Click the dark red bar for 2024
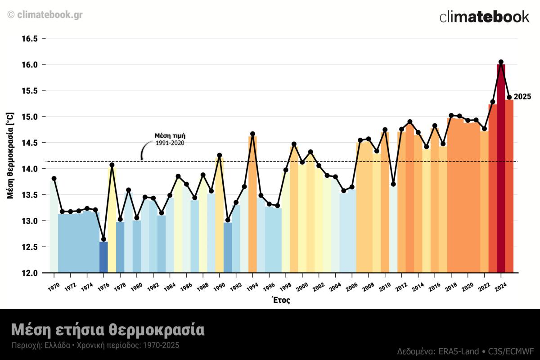pyautogui.click(x=501, y=171)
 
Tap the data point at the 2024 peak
pyautogui.click(x=501, y=62)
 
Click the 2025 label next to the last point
pyautogui.click(x=522, y=97)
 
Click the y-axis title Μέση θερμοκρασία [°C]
pyautogui.click(x=10, y=155)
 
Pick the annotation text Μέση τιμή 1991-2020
pyautogui.click(x=170, y=139)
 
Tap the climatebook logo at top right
pyautogui.click(x=484, y=17)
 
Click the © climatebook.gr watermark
pyautogui.click(x=45, y=14)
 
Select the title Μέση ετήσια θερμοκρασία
pyautogui.click(x=108, y=329)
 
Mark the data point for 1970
pyautogui.click(x=54, y=179)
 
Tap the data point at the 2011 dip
pyautogui.click(x=393, y=184)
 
